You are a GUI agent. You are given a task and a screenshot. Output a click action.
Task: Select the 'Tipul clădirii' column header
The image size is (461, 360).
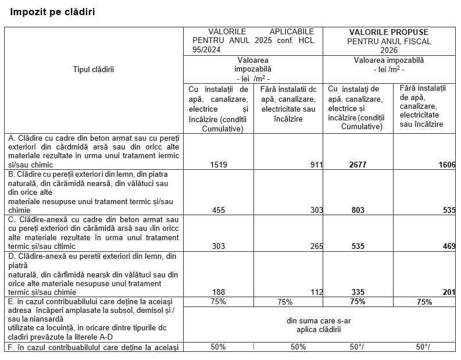[94, 70]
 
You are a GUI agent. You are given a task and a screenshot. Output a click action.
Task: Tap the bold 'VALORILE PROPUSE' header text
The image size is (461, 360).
[389, 32]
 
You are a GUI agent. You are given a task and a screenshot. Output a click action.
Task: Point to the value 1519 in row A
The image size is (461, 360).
[219, 165]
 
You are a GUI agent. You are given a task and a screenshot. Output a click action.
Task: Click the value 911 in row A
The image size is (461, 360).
[316, 165]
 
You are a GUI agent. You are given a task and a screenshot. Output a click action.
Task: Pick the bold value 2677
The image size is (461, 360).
[358, 165]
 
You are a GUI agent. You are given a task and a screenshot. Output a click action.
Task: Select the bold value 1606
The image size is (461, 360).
[446, 165]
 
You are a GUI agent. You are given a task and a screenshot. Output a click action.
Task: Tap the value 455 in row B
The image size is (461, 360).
[219, 210]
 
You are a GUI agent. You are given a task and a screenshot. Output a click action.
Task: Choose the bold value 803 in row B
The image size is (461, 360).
[358, 210]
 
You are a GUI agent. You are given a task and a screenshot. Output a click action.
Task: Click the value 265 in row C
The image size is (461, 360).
[316, 246]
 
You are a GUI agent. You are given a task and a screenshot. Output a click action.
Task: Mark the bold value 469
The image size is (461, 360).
[449, 246]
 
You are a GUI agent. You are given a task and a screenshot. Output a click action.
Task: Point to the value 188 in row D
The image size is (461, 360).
[219, 292]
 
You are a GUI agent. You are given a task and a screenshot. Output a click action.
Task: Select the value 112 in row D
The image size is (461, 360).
[316, 292]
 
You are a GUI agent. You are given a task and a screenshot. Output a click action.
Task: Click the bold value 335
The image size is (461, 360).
[358, 292]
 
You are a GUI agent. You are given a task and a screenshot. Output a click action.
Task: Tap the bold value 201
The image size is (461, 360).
[449, 292]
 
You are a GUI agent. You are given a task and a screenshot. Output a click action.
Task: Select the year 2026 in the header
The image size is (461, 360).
[389, 50]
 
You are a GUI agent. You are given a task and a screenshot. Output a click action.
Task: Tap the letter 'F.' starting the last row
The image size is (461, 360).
[11, 347]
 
